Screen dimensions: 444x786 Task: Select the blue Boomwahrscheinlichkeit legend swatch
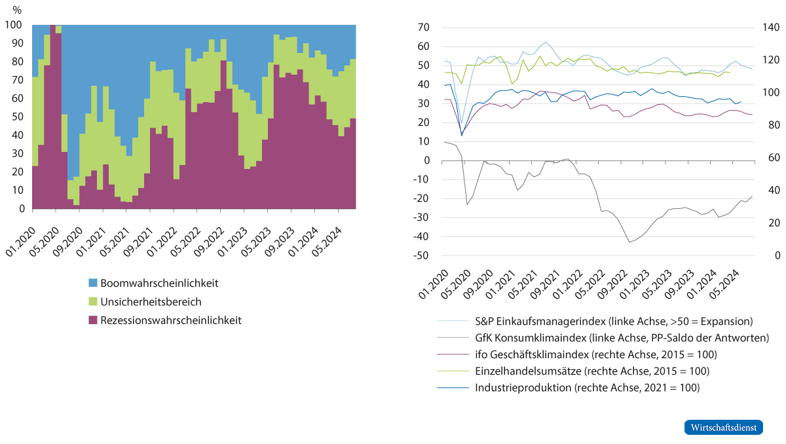(92, 284)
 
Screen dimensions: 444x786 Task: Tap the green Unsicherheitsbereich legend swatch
(92, 302)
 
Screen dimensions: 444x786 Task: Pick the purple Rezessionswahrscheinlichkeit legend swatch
(92, 320)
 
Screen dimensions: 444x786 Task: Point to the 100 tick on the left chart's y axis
(15, 25)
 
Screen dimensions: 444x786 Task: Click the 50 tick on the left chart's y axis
(18, 117)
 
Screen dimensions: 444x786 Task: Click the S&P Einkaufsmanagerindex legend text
(613, 322)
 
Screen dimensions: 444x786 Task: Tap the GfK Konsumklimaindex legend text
(620, 338)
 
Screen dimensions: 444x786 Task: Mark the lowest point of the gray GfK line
(629, 242)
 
